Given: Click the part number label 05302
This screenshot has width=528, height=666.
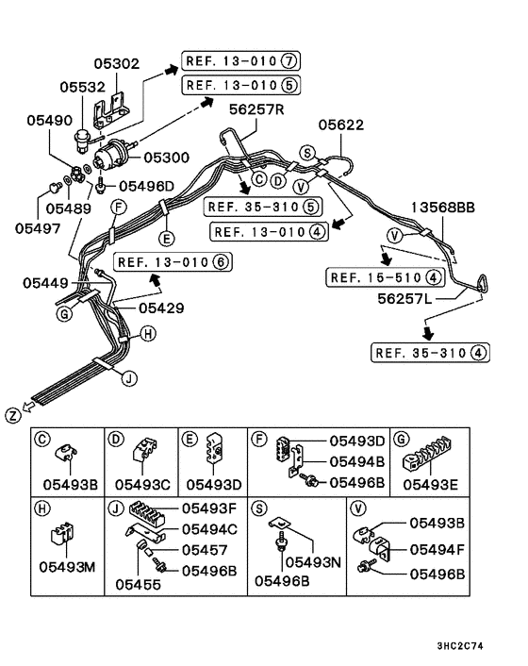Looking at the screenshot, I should click(x=116, y=64).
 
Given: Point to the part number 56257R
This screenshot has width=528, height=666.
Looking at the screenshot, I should click(x=257, y=109).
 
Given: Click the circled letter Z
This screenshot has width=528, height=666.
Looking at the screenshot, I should click(x=12, y=415).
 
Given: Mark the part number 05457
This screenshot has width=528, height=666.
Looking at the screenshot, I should click(x=206, y=550).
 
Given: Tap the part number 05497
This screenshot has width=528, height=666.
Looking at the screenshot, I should click(x=37, y=226).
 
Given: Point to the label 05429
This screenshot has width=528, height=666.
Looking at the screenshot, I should click(x=161, y=308).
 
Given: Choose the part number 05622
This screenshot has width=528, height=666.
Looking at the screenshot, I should click(x=340, y=125).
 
